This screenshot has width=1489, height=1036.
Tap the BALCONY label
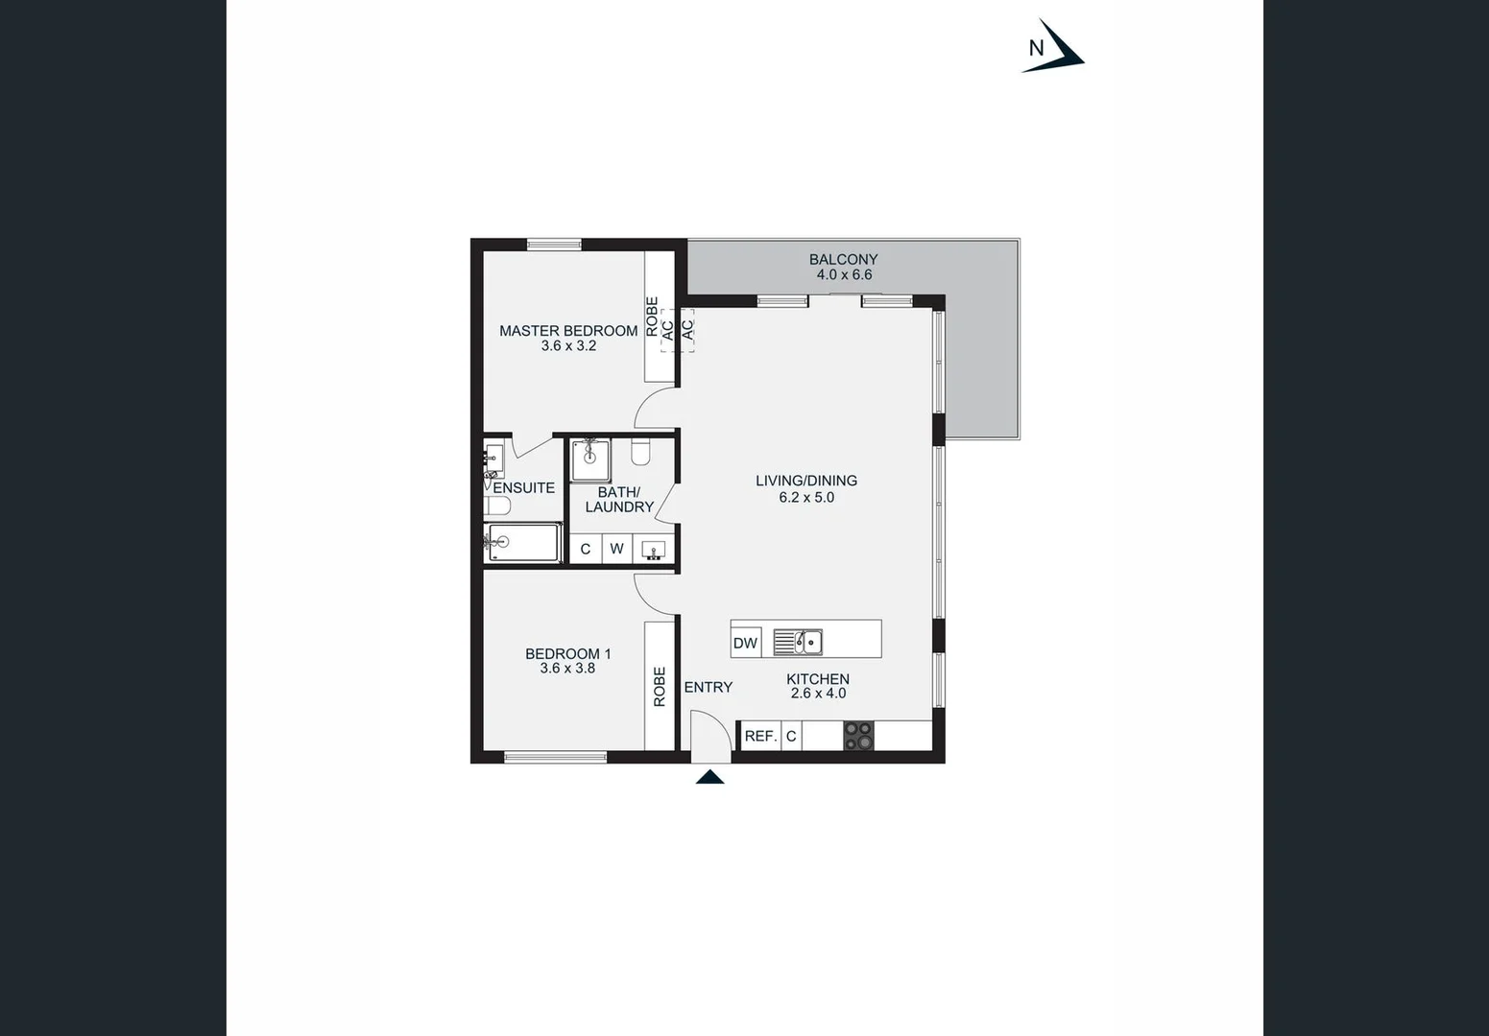843,259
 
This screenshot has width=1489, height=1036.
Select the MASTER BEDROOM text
568,330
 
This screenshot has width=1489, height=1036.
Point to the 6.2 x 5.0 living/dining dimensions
806,497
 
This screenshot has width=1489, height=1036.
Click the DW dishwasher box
745,644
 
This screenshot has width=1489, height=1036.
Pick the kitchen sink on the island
798,642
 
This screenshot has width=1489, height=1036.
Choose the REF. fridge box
760,736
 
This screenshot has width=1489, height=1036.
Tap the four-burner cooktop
858,736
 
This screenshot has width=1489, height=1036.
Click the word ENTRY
708,687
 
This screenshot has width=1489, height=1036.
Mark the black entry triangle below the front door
709,777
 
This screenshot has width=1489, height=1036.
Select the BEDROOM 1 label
567,653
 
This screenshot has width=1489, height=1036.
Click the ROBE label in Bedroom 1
660,687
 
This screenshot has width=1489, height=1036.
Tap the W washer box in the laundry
616,549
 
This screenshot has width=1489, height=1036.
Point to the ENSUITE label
523,487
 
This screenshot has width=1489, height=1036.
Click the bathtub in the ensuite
523,543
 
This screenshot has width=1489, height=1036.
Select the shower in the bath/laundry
589,459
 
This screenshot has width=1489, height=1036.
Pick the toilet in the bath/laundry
641,451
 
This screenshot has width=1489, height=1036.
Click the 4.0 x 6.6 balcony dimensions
844,274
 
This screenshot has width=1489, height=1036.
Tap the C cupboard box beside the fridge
791,736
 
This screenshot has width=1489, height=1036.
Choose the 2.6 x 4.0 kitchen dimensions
818,694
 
